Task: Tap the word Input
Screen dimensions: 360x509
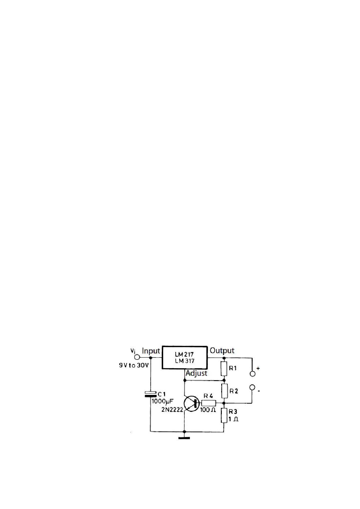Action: [151, 351]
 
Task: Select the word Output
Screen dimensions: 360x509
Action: [222, 351]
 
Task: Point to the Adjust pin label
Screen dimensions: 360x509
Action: [197, 373]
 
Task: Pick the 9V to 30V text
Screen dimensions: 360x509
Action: [134, 366]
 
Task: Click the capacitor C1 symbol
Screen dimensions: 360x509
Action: [150, 394]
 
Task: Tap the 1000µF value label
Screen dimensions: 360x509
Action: [162, 402]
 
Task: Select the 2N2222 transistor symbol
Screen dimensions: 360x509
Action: [192, 404]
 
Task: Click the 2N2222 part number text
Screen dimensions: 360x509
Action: [172, 410]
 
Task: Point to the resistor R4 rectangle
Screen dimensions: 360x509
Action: [209, 403]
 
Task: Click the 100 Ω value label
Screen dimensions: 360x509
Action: [208, 410]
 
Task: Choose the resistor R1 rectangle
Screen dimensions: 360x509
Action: [224, 369]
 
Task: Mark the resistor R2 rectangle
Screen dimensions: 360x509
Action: [224, 391]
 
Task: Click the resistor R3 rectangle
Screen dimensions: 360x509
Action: [224, 415]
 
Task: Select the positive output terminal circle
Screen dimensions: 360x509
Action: [253, 374]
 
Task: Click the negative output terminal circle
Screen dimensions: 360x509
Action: [253, 388]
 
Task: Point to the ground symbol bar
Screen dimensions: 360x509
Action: [184, 438]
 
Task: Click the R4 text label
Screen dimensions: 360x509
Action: [208, 396]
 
